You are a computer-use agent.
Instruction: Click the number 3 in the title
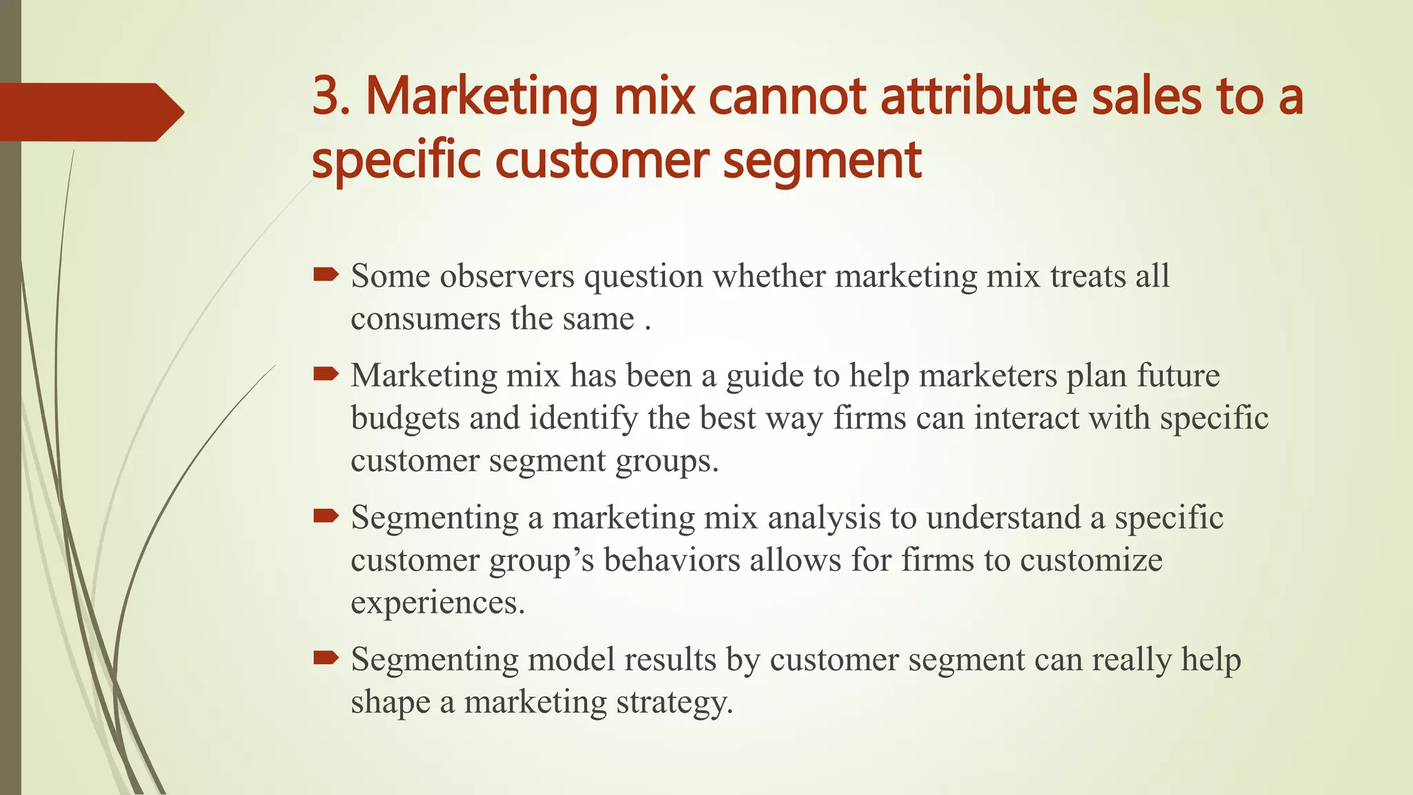tap(326, 97)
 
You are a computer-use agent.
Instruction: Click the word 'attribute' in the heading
tap(978, 97)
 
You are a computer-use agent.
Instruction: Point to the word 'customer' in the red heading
tap(602, 160)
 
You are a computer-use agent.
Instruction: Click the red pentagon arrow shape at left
tap(86, 112)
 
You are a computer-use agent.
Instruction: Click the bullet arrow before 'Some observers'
tap(326, 275)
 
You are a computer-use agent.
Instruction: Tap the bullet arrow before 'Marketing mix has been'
tap(326, 375)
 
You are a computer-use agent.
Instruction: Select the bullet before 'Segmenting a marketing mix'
tap(326, 516)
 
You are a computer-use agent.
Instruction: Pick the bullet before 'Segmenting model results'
tap(326, 658)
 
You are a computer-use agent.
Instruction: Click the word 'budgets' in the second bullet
tap(405, 419)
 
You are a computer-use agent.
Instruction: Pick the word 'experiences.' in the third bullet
tap(438, 603)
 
